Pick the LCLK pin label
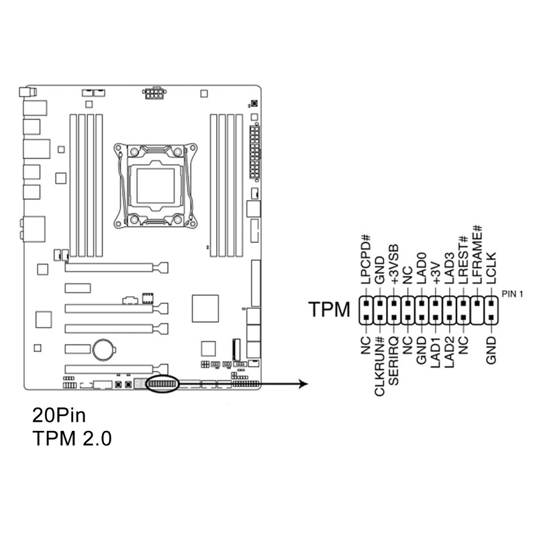(492, 271)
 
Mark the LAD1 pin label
(436, 353)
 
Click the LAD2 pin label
(450, 353)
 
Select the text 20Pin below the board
(59, 413)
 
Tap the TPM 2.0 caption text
(72, 439)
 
